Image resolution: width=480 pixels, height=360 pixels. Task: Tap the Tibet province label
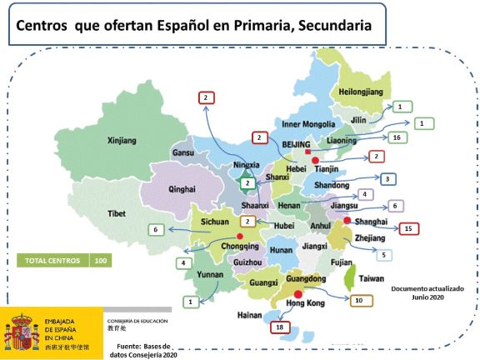click(x=117, y=214)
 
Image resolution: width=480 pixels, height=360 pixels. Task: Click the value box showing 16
click(x=396, y=137)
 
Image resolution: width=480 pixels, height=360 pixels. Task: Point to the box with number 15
click(x=407, y=228)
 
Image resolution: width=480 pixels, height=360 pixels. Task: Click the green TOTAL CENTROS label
click(x=52, y=260)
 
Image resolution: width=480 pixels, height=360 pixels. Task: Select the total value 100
click(x=101, y=260)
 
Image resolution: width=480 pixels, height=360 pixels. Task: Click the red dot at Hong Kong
click(x=297, y=294)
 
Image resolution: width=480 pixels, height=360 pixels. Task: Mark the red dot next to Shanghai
click(x=347, y=220)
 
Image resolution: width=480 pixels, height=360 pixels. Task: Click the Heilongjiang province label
click(x=364, y=91)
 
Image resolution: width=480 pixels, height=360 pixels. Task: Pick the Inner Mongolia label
click(x=308, y=125)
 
